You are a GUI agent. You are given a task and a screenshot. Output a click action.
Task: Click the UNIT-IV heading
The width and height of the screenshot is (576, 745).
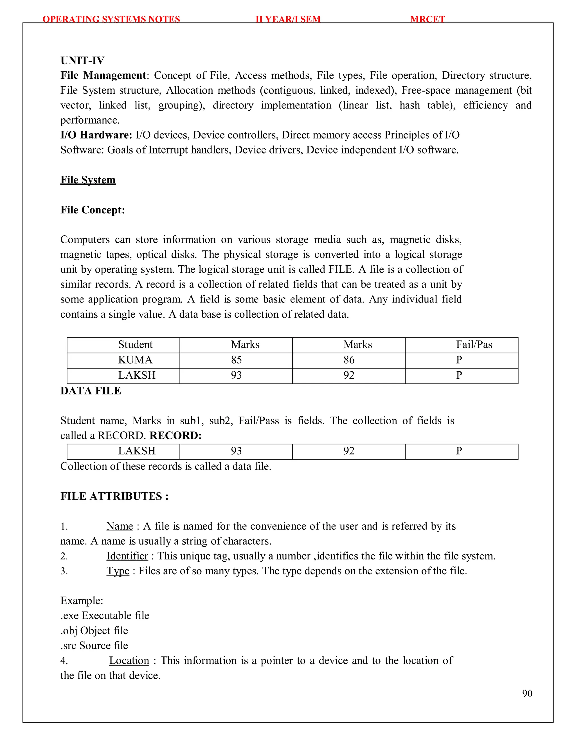click(x=82, y=60)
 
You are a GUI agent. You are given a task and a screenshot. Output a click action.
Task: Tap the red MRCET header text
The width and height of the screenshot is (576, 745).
click(x=427, y=19)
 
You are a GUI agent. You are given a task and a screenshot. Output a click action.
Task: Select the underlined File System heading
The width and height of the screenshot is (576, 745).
click(x=88, y=180)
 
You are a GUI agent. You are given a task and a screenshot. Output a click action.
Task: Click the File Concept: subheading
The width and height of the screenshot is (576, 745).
click(x=93, y=210)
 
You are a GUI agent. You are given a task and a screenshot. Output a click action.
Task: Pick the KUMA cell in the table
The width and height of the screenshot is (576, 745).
click(x=135, y=360)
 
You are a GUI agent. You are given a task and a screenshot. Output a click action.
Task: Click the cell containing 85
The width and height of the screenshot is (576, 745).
click(x=236, y=360)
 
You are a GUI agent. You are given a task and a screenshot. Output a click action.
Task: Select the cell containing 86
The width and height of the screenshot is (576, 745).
click(x=349, y=360)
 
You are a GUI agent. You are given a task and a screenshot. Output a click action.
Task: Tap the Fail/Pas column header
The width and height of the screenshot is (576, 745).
click(x=474, y=345)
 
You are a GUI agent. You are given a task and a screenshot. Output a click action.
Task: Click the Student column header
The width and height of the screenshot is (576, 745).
click(x=135, y=345)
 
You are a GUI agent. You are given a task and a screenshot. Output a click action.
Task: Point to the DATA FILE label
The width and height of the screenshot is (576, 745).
click(x=91, y=391)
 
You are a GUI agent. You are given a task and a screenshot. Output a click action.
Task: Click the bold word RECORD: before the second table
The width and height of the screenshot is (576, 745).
click(x=175, y=435)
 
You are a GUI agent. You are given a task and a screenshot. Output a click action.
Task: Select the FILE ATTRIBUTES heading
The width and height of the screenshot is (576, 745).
click(x=114, y=496)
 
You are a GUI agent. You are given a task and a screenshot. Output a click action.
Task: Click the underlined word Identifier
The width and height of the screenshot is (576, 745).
click(x=127, y=556)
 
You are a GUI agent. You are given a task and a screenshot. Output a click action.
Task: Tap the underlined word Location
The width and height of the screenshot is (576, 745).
click(x=129, y=661)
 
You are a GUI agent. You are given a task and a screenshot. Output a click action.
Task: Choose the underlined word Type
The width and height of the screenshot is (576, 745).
click(x=118, y=571)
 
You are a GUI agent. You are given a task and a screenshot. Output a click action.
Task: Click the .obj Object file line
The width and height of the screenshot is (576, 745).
click(x=94, y=631)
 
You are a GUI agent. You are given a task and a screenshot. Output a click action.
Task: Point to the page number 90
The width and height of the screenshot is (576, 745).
click(x=527, y=694)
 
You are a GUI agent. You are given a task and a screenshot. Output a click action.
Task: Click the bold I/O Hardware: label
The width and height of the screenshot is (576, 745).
click(x=96, y=135)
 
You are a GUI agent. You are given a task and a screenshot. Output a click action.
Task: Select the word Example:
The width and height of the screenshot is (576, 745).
click(x=82, y=601)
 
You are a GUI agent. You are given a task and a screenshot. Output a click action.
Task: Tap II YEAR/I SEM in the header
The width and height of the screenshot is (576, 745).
click(x=288, y=19)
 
